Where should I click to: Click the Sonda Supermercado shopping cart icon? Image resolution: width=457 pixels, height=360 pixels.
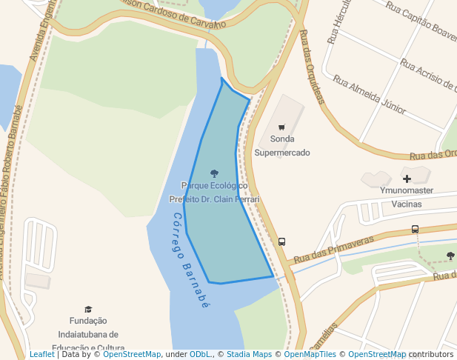click(281, 126)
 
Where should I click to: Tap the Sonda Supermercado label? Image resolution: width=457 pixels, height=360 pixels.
click(282, 146)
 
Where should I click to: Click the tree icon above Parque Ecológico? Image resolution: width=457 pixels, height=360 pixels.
click(214, 173)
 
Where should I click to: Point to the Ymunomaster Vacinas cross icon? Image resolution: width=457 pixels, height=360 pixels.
click(407, 179)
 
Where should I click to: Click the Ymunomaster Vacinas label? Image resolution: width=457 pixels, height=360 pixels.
click(407, 197)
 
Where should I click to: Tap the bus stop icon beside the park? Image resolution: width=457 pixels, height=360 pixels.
click(281, 241)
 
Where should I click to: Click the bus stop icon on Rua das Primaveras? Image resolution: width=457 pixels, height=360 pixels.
click(415, 230)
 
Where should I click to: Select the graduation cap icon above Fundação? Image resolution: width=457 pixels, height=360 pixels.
click(88, 309)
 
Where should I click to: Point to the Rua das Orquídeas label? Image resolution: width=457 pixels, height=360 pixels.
click(313, 67)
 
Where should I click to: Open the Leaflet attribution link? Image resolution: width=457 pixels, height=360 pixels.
click(41, 355)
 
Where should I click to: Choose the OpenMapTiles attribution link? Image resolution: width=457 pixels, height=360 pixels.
click(310, 355)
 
